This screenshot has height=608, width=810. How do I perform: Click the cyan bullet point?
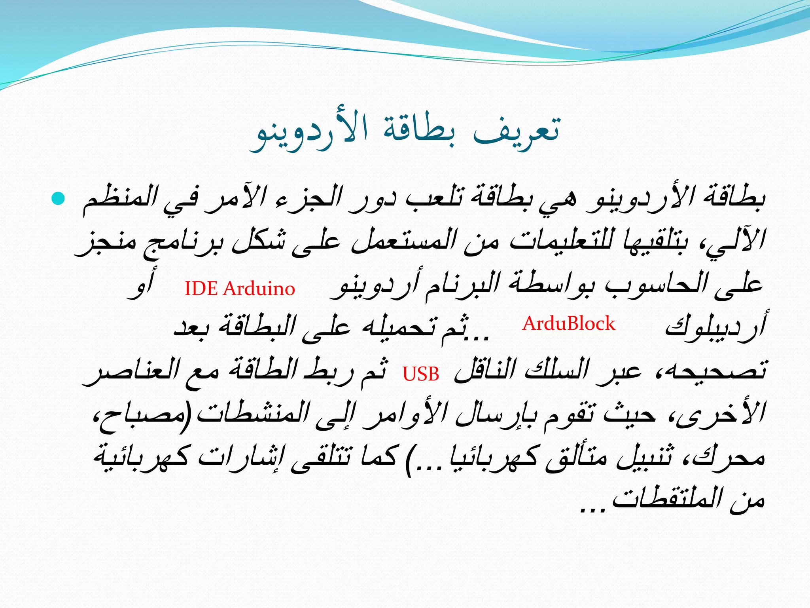point(58,198)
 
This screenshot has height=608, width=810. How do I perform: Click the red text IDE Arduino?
point(240,288)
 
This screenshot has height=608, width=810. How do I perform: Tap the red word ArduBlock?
point(569,324)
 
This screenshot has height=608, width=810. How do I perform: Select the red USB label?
point(421,374)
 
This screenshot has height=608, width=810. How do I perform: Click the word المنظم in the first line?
point(120,200)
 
